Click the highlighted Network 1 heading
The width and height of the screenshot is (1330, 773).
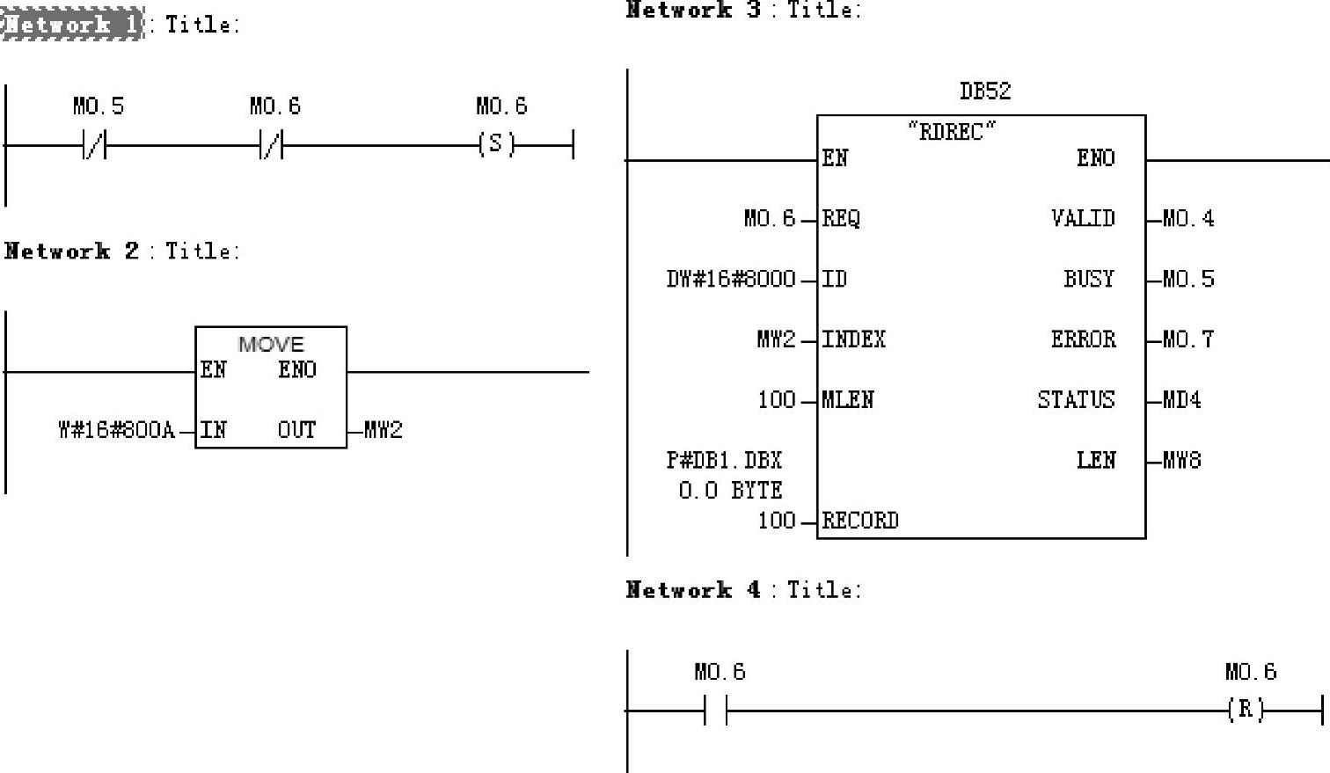click(x=72, y=24)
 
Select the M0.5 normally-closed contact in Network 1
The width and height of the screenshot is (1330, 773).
click(x=94, y=145)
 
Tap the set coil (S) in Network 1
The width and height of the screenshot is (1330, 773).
click(x=496, y=144)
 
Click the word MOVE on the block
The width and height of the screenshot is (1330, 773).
click(x=271, y=344)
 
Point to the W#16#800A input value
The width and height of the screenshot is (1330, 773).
click(x=116, y=430)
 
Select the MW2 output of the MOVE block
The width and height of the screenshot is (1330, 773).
click(x=384, y=430)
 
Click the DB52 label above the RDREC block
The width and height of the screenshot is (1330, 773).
click(x=984, y=91)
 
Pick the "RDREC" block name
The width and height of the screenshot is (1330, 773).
click(x=952, y=132)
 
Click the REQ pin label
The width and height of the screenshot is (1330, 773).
click(x=841, y=218)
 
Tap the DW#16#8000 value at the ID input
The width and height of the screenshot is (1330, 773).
click(x=730, y=280)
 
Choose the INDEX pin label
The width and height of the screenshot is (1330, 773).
click(x=853, y=339)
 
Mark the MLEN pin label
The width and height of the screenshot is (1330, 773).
click(x=848, y=400)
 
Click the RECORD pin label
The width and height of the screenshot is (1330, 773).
click(x=860, y=521)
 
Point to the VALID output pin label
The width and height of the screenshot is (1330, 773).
click(x=1083, y=218)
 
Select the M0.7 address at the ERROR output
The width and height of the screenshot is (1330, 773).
click(x=1187, y=339)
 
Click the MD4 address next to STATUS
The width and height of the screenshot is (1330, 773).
click(x=1181, y=400)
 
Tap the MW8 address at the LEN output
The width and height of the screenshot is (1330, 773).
click(x=1181, y=460)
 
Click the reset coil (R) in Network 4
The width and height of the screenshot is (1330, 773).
click(x=1246, y=710)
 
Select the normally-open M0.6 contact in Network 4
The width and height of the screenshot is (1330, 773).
click(x=716, y=710)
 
